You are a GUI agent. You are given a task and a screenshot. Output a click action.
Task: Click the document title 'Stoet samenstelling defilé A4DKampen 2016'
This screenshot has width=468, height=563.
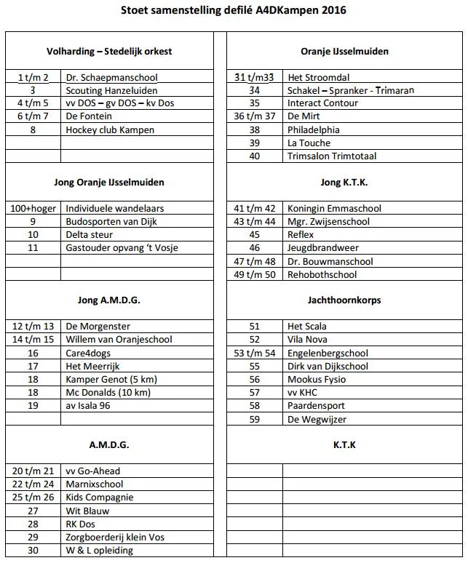(x=233, y=11)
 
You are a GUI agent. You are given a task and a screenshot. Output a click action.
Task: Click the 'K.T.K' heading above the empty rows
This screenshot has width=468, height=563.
(x=344, y=444)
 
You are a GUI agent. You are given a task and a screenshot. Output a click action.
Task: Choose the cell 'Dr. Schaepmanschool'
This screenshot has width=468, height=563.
(x=111, y=77)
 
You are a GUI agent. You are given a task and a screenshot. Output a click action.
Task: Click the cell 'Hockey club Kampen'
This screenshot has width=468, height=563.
(x=110, y=129)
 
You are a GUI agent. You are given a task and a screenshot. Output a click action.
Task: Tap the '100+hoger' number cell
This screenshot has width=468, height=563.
(x=33, y=208)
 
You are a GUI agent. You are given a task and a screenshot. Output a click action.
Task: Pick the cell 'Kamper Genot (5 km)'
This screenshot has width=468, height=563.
(x=108, y=379)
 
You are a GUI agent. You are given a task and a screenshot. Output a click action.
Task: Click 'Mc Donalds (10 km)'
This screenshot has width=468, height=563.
(x=108, y=392)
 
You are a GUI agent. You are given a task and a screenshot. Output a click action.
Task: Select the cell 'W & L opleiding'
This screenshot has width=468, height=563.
(x=99, y=550)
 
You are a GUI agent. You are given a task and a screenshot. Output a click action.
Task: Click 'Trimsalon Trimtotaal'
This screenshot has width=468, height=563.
(x=331, y=156)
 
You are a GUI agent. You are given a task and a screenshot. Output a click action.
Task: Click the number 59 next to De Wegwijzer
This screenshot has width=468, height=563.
(x=255, y=419)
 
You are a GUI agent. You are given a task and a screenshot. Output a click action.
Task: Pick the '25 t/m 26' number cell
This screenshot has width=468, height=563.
(x=33, y=497)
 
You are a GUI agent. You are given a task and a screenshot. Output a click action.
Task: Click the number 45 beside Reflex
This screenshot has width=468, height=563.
(x=255, y=235)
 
